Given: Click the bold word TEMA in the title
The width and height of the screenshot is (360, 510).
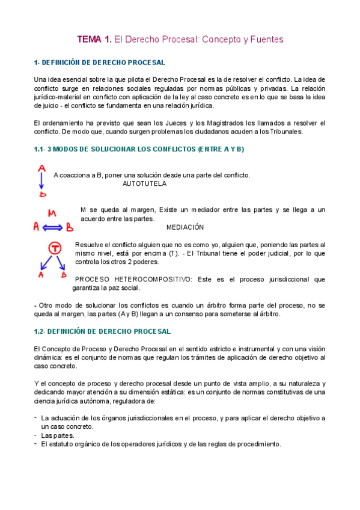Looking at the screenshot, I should pyautogui.click(x=90, y=40).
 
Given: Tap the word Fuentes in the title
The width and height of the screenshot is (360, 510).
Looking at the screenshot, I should pyautogui.click(x=263, y=40).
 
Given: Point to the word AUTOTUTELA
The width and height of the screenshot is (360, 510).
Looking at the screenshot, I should pyautogui.click(x=144, y=183).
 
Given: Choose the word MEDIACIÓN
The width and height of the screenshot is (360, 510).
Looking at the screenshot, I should pyautogui.click(x=185, y=227).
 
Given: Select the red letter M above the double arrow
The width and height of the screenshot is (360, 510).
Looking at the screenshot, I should pyautogui.click(x=52, y=214).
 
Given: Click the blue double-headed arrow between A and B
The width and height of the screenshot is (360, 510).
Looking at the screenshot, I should pyautogui.click(x=52, y=228).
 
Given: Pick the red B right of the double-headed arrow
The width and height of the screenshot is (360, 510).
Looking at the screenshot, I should pyautogui.click(x=69, y=228).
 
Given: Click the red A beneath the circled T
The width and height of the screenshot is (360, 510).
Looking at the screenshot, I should pyautogui.click(x=41, y=274).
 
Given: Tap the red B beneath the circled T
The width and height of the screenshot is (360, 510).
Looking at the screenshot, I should pyautogui.click(x=63, y=274).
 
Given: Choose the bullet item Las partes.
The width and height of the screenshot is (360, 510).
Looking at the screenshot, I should pyautogui.click(x=58, y=435).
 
